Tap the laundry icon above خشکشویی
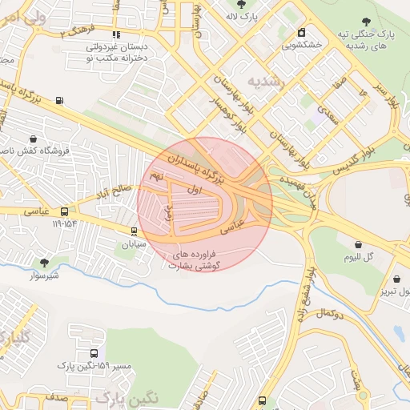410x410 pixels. [x=301, y=33]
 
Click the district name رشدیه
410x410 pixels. [x=264, y=81]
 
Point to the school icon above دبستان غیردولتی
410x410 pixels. [x=117, y=34]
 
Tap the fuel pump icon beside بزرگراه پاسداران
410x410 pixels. [x=59, y=100]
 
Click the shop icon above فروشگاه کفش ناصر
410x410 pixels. [x=32, y=139]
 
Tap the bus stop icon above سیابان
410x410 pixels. [x=134, y=231]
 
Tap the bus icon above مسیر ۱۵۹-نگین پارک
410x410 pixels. [x=94, y=352]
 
